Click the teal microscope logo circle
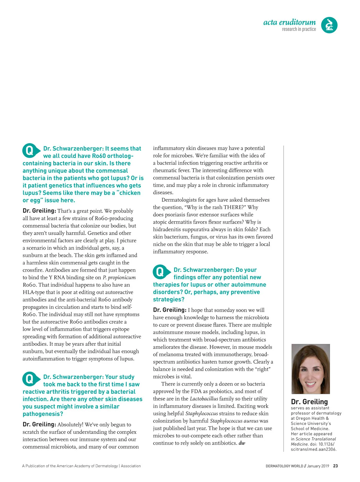point(329,25)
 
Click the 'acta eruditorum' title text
point(289,22)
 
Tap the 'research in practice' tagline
point(299,29)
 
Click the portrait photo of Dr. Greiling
point(310,369)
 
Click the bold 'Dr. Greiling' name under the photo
point(309,402)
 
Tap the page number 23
point(335,466)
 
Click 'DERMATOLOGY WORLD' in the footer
point(284,466)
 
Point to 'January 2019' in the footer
point(318,466)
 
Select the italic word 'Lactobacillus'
point(204,399)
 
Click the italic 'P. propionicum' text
point(119,277)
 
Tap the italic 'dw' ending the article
point(242,443)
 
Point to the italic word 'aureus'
point(251,421)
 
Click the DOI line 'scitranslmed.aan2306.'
point(313,449)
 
